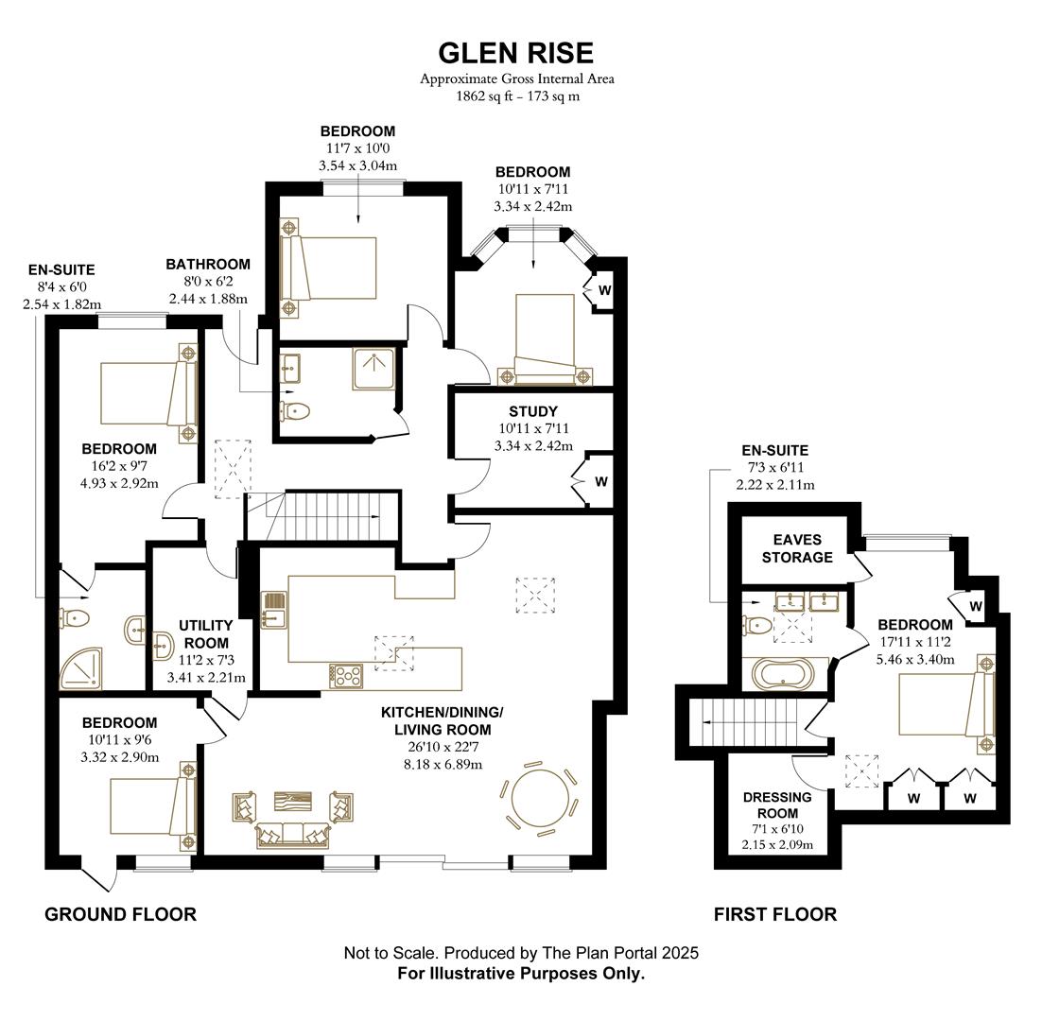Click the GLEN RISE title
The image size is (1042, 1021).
[x=516, y=52]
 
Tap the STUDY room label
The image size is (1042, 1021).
[x=532, y=411]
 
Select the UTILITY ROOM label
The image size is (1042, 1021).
[x=205, y=634]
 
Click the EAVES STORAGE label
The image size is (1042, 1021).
[x=796, y=548]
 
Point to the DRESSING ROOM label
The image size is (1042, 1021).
[x=777, y=805]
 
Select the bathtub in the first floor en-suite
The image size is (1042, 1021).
[x=782, y=674]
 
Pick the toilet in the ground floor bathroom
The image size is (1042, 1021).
[x=296, y=410]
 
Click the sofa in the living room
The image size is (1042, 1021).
[x=291, y=834]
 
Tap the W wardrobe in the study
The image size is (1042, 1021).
[x=601, y=481]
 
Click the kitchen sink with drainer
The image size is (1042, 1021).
[x=272, y=610]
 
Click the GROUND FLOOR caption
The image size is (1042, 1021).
[x=121, y=914]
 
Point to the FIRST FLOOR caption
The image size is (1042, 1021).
[x=774, y=914]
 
